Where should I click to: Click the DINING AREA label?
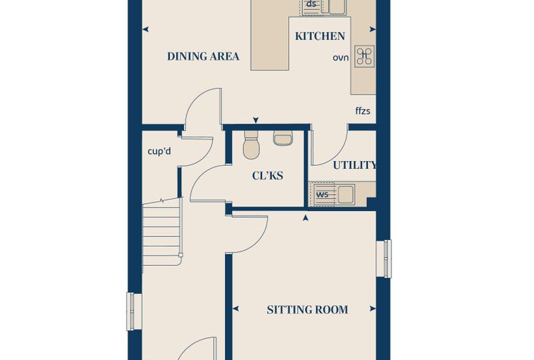pyautogui.click(x=203, y=56)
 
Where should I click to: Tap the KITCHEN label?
pyautogui.click(x=320, y=36)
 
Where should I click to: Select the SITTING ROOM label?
pyautogui.click(x=307, y=309)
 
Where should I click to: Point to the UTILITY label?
pyautogui.click(x=354, y=165)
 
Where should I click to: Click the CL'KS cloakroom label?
pyautogui.click(x=268, y=176)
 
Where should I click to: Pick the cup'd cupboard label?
pyautogui.click(x=159, y=151)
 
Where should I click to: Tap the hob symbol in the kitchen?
pyautogui.click(x=365, y=56)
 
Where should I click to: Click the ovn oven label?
pyautogui.click(x=341, y=58)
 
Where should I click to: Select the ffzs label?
pyautogui.click(x=363, y=111)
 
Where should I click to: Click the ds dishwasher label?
pyautogui.click(x=311, y=4)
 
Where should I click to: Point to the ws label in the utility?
pyautogui.click(x=323, y=195)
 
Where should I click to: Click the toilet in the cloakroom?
pyautogui.click(x=252, y=145)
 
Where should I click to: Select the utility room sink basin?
pyautogui.click(x=346, y=194)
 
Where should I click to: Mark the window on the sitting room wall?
pyautogui.click(x=384, y=259)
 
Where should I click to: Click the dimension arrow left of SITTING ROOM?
pyautogui.click(x=235, y=309)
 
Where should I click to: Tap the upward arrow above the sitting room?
pyautogui.click(x=306, y=217)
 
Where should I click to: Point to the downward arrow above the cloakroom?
pyautogui.click(x=256, y=120)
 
